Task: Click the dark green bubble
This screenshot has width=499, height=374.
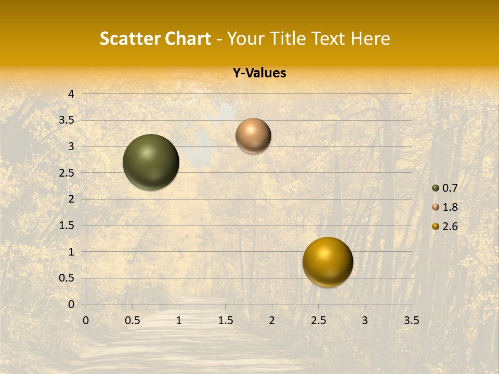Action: click(151, 162)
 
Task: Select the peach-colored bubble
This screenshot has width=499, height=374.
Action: click(253, 136)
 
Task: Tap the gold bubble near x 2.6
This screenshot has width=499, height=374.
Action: click(327, 262)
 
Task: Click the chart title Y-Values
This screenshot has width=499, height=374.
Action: click(259, 73)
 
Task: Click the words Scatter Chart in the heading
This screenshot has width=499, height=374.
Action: click(155, 38)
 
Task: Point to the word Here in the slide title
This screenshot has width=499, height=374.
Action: click(370, 38)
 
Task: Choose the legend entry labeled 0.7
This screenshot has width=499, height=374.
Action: click(445, 188)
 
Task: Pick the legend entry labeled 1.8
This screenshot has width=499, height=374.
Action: click(445, 207)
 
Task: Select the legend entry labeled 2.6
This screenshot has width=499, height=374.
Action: click(445, 226)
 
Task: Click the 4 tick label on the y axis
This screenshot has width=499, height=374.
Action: click(71, 94)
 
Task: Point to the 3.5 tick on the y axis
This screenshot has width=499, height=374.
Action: click(67, 121)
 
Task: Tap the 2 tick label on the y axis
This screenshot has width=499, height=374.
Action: click(71, 199)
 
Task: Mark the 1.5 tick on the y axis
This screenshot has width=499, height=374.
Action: click(67, 225)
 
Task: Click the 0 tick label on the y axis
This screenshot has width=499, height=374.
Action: click(71, 304)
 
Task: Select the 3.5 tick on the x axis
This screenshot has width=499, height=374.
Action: click(411, 320)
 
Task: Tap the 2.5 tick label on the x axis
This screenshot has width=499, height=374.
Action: click(318, 320)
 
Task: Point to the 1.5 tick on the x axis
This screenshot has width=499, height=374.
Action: click(225, 320)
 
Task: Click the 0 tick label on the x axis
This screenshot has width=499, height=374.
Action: click(86, 320)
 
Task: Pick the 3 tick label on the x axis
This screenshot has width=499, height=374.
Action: click(365, 320)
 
